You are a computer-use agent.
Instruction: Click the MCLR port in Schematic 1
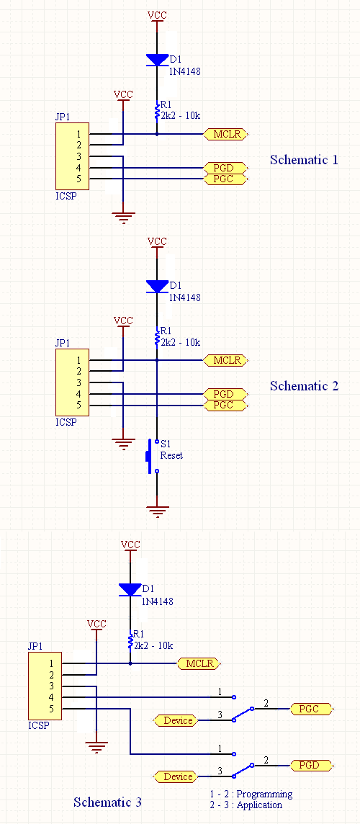[x=226, y=134]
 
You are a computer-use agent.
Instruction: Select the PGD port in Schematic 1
[x=226, y=168]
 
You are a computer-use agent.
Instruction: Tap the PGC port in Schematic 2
[x=226, y=406]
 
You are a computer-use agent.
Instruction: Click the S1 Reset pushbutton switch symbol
[x=153, y=456]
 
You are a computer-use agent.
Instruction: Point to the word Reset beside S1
[x=171, y=456]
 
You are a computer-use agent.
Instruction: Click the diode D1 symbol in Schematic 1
[x=157, y=59]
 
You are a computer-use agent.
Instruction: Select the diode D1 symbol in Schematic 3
[x=130, y=589]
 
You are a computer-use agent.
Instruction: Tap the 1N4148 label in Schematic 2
[x=184, y=297]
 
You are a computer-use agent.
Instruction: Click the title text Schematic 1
[x=304, y=160]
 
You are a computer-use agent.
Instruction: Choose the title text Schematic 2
[x=304, y=386]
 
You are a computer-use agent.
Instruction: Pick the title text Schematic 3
[x=107, y=802]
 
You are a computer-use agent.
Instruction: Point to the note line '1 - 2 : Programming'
[x=251, y=794]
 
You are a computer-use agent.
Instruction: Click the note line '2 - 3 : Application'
[x=246, y=805]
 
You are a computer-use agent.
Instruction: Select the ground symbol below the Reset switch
[x=157, y=511]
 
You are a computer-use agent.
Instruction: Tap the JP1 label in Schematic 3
[x=36, y=646]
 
